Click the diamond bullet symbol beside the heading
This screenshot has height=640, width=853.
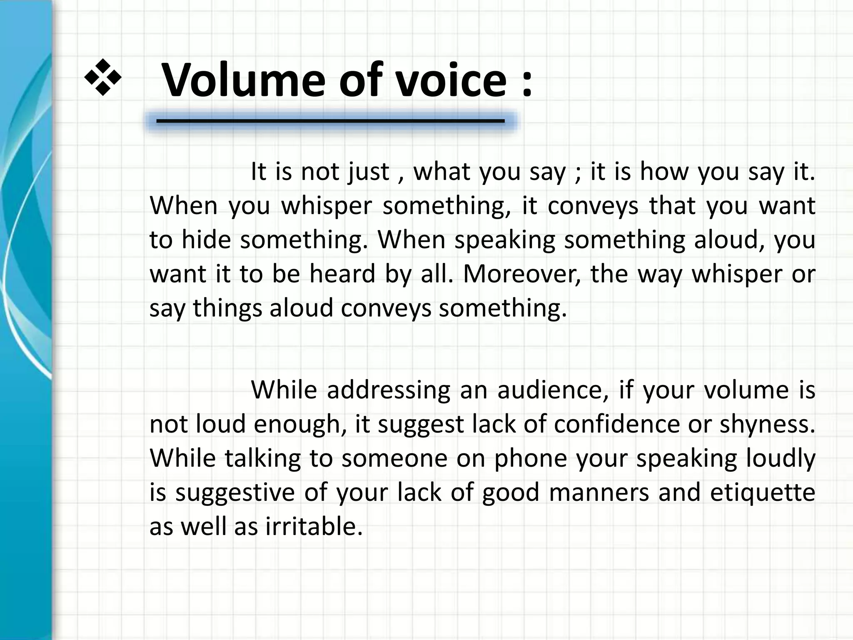click(x=103, y=77)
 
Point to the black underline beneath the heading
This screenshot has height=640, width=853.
click(x=330, y=121)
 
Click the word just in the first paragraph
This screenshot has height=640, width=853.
click(x=369, y=172)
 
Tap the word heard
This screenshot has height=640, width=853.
click(x=342, y=274)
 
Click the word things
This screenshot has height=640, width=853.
click(x=227, y=308)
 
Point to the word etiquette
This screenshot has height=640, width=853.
click(x=762, y=492)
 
